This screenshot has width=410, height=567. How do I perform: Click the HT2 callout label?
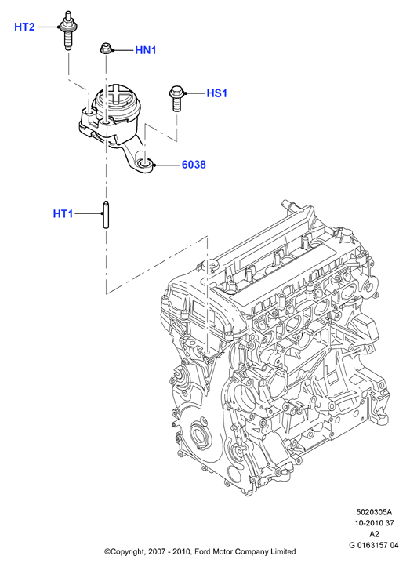24,27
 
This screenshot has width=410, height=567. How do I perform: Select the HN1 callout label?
146,50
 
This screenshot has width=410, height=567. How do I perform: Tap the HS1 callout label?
217,93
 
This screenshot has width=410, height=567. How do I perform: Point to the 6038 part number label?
194,165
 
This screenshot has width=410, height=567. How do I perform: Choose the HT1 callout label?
63,214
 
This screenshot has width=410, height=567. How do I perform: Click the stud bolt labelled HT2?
68,31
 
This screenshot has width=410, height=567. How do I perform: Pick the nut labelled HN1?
106,48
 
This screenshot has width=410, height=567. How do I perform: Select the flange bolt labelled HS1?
176,98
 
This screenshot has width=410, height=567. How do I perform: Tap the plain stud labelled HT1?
106,214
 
